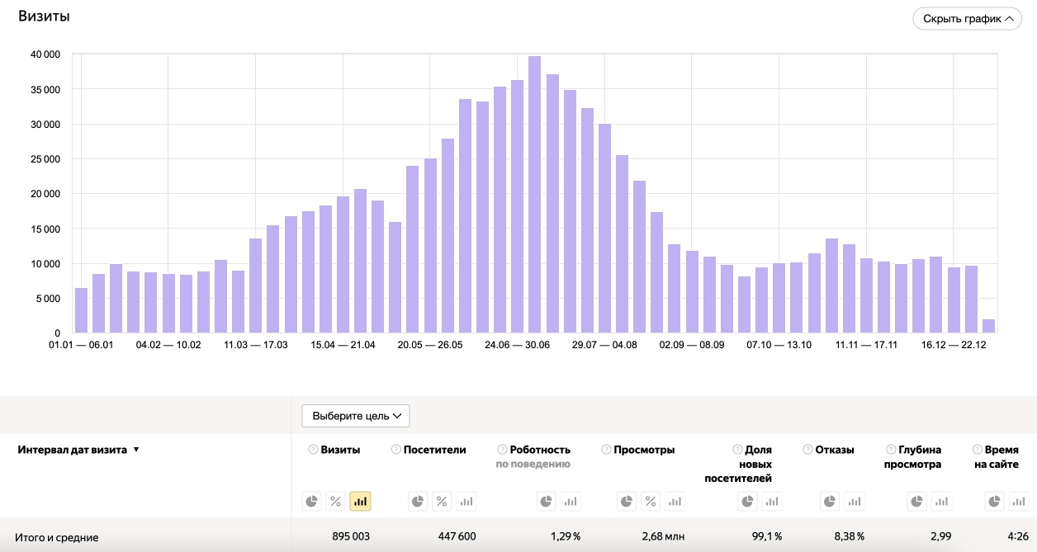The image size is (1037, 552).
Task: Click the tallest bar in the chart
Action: (x=534, y=195)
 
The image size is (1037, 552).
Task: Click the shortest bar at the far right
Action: (x=988, y=326)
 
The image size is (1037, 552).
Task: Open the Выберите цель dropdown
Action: (x=356, y=416)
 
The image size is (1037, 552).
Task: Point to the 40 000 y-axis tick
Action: (x=45, y=54)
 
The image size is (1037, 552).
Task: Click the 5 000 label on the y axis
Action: (x=48, y=299)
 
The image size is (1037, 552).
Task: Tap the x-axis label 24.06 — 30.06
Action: (x=518, y=345)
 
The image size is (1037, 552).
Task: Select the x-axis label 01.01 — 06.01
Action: (x=82, y=345)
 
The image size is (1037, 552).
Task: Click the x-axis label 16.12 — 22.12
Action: (x=954, y=345)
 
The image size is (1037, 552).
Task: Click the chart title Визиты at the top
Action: (x=44, y=17)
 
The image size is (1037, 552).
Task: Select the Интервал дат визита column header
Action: (x=73, y=450)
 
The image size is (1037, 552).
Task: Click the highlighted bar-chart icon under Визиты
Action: (x=360, y=501)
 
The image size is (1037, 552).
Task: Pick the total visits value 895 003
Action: (x=339, y=537)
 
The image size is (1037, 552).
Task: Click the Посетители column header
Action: (x=434, y=450)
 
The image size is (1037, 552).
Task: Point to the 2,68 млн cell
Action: (x=662, y=537)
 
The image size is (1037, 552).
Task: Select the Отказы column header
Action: (x=834, y=450)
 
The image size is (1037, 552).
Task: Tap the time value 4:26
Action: (x=1017, y=537)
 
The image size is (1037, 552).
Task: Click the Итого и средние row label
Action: (x=57, y=537)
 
